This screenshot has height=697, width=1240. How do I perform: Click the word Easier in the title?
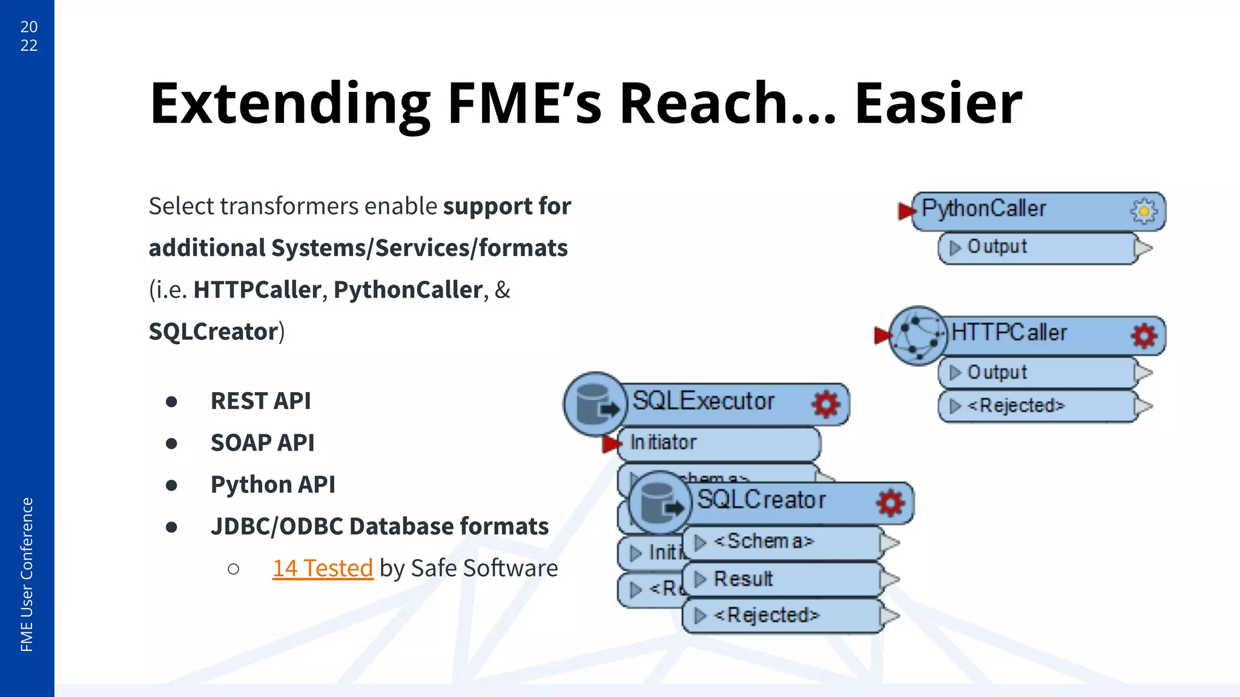[937, 104]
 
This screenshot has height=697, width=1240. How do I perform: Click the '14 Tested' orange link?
[322, 568]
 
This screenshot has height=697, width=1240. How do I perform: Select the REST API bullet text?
[260, 401]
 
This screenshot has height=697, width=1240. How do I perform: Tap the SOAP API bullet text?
[262, 443]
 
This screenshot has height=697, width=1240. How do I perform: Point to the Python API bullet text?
[272, 485]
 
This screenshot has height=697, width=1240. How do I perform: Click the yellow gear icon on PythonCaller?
[1143, 211]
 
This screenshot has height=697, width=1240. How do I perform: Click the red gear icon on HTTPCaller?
[1144, 336]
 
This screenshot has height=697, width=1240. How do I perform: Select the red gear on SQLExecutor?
[826, 404]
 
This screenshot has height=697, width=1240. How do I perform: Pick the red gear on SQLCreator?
[890, 502]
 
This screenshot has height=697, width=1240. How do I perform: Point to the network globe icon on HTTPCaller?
[918, 335]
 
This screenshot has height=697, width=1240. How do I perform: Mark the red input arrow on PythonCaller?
[906, 211]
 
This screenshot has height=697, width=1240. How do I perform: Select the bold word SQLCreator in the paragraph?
[213, 332]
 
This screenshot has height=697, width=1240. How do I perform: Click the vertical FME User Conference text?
[27, 574]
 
